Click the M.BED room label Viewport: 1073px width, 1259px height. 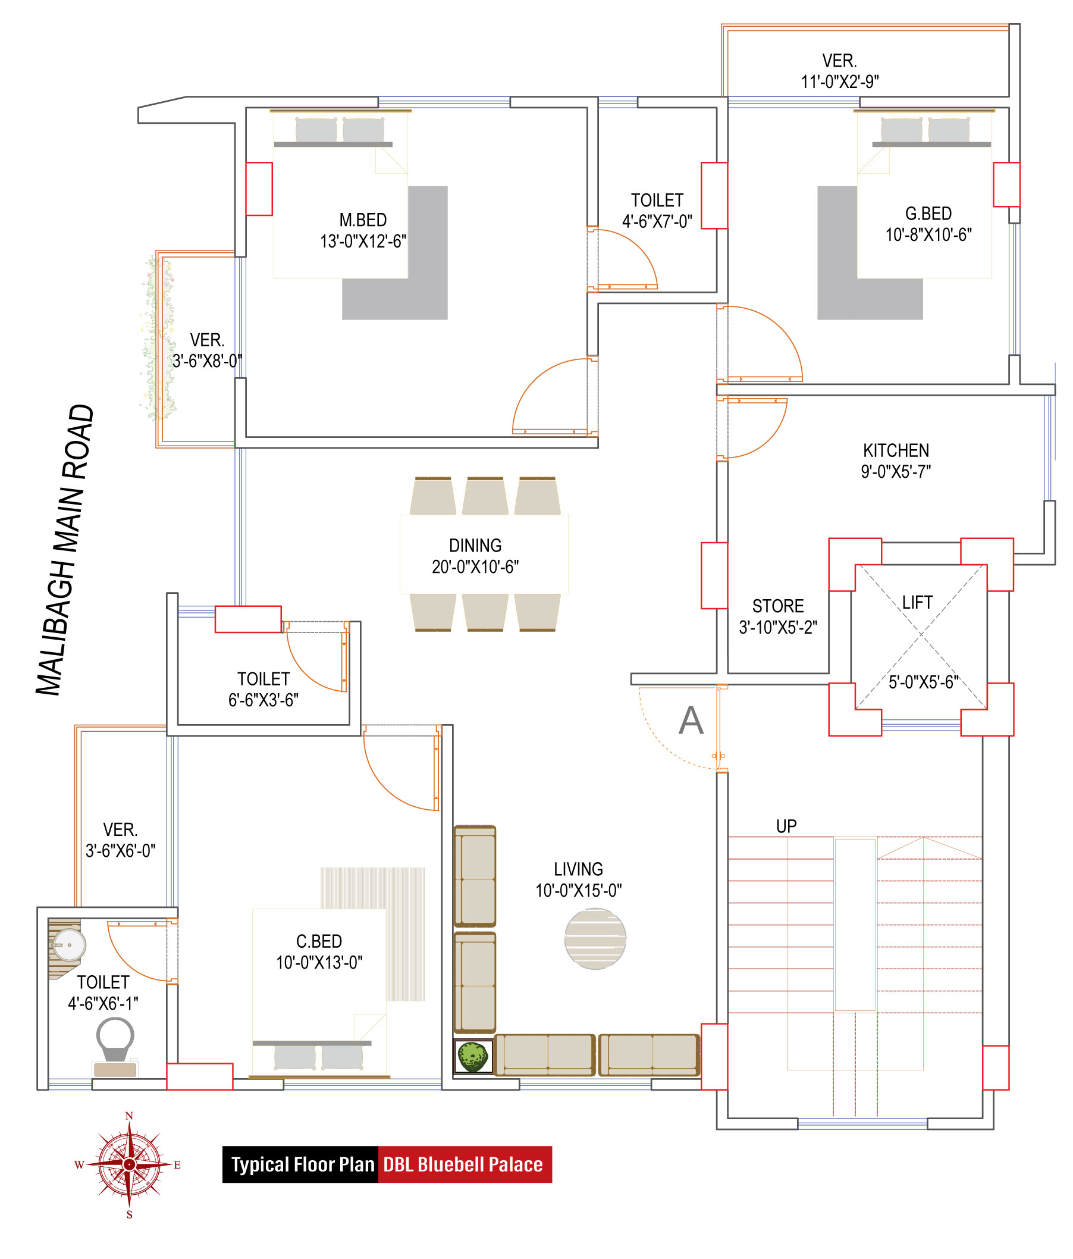coord(363,220)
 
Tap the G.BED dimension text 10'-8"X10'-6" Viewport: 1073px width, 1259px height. coord(928,235)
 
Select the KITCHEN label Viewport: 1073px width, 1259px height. coord(896,450)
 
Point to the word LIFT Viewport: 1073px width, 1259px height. coord(917,602)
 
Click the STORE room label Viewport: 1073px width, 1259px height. coord(778,606)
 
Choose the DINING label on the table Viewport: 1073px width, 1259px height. coord(475,545)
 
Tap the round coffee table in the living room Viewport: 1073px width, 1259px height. coord(595,938)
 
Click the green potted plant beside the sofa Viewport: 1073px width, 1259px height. coord(473,1057)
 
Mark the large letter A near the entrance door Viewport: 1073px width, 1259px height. coord(691,721)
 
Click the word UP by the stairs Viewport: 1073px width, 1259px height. coord(786,826)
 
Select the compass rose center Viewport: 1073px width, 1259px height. coord(129,1164)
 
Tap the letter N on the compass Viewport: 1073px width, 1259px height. coord(129,1116)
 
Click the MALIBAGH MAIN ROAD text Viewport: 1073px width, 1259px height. coord(64,549)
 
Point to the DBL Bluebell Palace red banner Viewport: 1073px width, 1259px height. coord(465,1164)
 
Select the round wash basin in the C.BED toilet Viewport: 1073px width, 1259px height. coord(68,945)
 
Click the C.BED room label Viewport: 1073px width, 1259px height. coord(319,941)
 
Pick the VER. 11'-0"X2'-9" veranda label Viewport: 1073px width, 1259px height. coord(839,71)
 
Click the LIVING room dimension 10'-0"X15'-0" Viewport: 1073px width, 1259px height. coord(578,891)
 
